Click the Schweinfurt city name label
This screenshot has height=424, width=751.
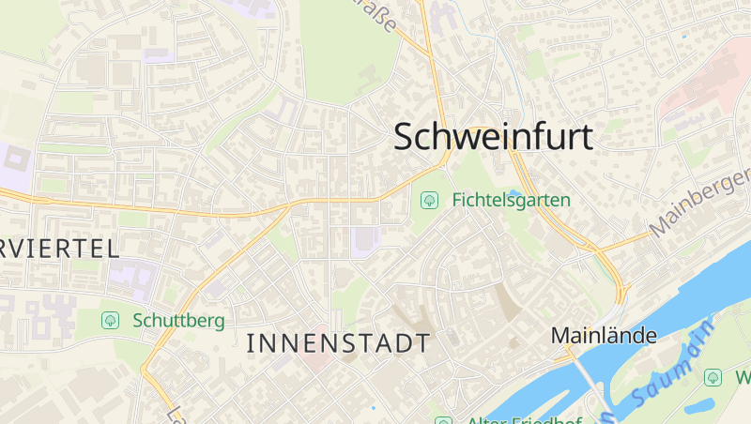[494, 137]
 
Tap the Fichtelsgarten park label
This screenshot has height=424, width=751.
[511, 200]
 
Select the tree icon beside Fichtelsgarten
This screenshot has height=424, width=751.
[430, 200]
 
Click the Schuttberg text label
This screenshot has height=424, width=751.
[178, 321]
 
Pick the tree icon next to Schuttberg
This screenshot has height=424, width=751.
[110, 321]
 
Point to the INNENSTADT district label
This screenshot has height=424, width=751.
[338, 343]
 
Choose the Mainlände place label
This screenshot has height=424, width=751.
[604, 335]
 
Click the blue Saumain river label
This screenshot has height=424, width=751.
[667, 371]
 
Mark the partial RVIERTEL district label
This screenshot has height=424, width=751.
[59, 249]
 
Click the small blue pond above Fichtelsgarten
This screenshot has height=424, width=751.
[513, 192]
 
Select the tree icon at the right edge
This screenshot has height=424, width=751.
[713, 377]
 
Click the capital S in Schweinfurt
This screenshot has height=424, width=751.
[406, 137]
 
